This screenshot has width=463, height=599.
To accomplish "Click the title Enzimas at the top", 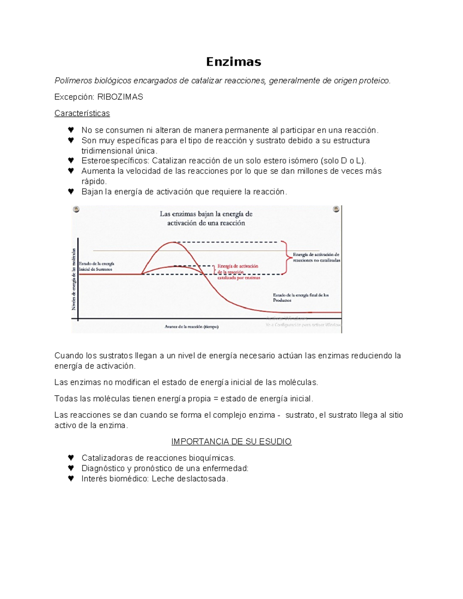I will [x=233, y=62].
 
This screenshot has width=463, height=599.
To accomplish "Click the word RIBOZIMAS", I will [x=120, y=97].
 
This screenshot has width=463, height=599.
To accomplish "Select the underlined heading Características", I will [x=82, y=113].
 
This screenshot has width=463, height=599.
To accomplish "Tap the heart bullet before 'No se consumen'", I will [x=71, y=130].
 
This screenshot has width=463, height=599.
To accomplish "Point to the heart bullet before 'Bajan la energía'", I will [x=71, y=192].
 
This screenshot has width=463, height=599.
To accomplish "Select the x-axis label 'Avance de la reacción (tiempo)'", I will [x=192, y=327].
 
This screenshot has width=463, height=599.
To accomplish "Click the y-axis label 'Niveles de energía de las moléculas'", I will [x=73, y=279].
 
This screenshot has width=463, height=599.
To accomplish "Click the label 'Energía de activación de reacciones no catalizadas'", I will [x=316, y=257].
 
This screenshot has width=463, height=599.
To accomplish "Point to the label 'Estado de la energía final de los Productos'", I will [x=300, y=297].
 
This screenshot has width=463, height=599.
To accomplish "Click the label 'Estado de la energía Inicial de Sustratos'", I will [x=96, y=267].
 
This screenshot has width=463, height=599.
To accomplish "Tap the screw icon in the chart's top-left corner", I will [x=76, y=209].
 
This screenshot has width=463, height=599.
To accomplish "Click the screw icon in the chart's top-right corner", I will [x=336, y=209].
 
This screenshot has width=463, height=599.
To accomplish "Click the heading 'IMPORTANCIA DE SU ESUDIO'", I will [x=231, y=442].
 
